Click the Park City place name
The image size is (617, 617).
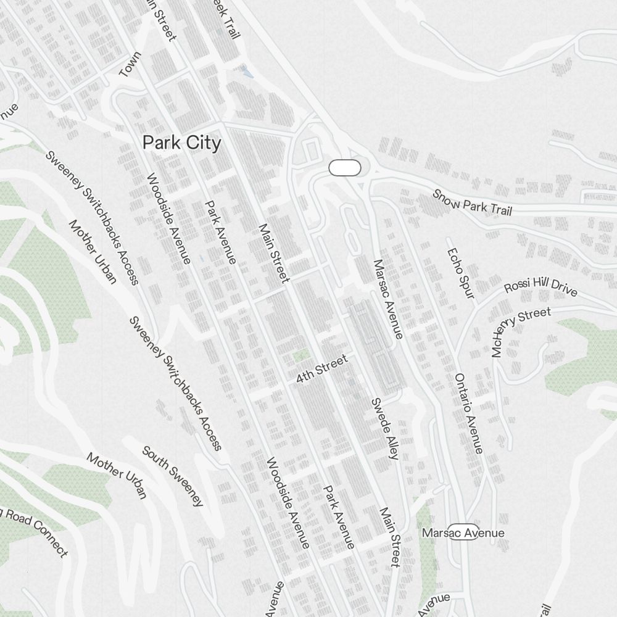[181, 143]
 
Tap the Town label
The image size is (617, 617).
[130, 65]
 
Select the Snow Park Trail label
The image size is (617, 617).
[473, 202]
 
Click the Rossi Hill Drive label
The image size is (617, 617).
[540, 288]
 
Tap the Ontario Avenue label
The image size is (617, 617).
[469, 413]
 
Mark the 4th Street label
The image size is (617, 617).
[321, 368]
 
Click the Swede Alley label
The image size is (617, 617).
[384, 428]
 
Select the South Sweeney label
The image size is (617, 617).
[173, 476]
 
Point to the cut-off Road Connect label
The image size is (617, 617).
[34, 532]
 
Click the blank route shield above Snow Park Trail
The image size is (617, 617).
[345, 167]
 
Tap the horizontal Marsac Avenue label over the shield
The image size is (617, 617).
[463, 532]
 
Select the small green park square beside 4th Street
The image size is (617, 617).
[301, 355]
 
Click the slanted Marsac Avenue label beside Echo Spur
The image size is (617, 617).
[388, 299]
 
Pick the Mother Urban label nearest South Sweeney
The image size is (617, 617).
[117, 475]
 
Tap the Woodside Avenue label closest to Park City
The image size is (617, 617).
[168, 218]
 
